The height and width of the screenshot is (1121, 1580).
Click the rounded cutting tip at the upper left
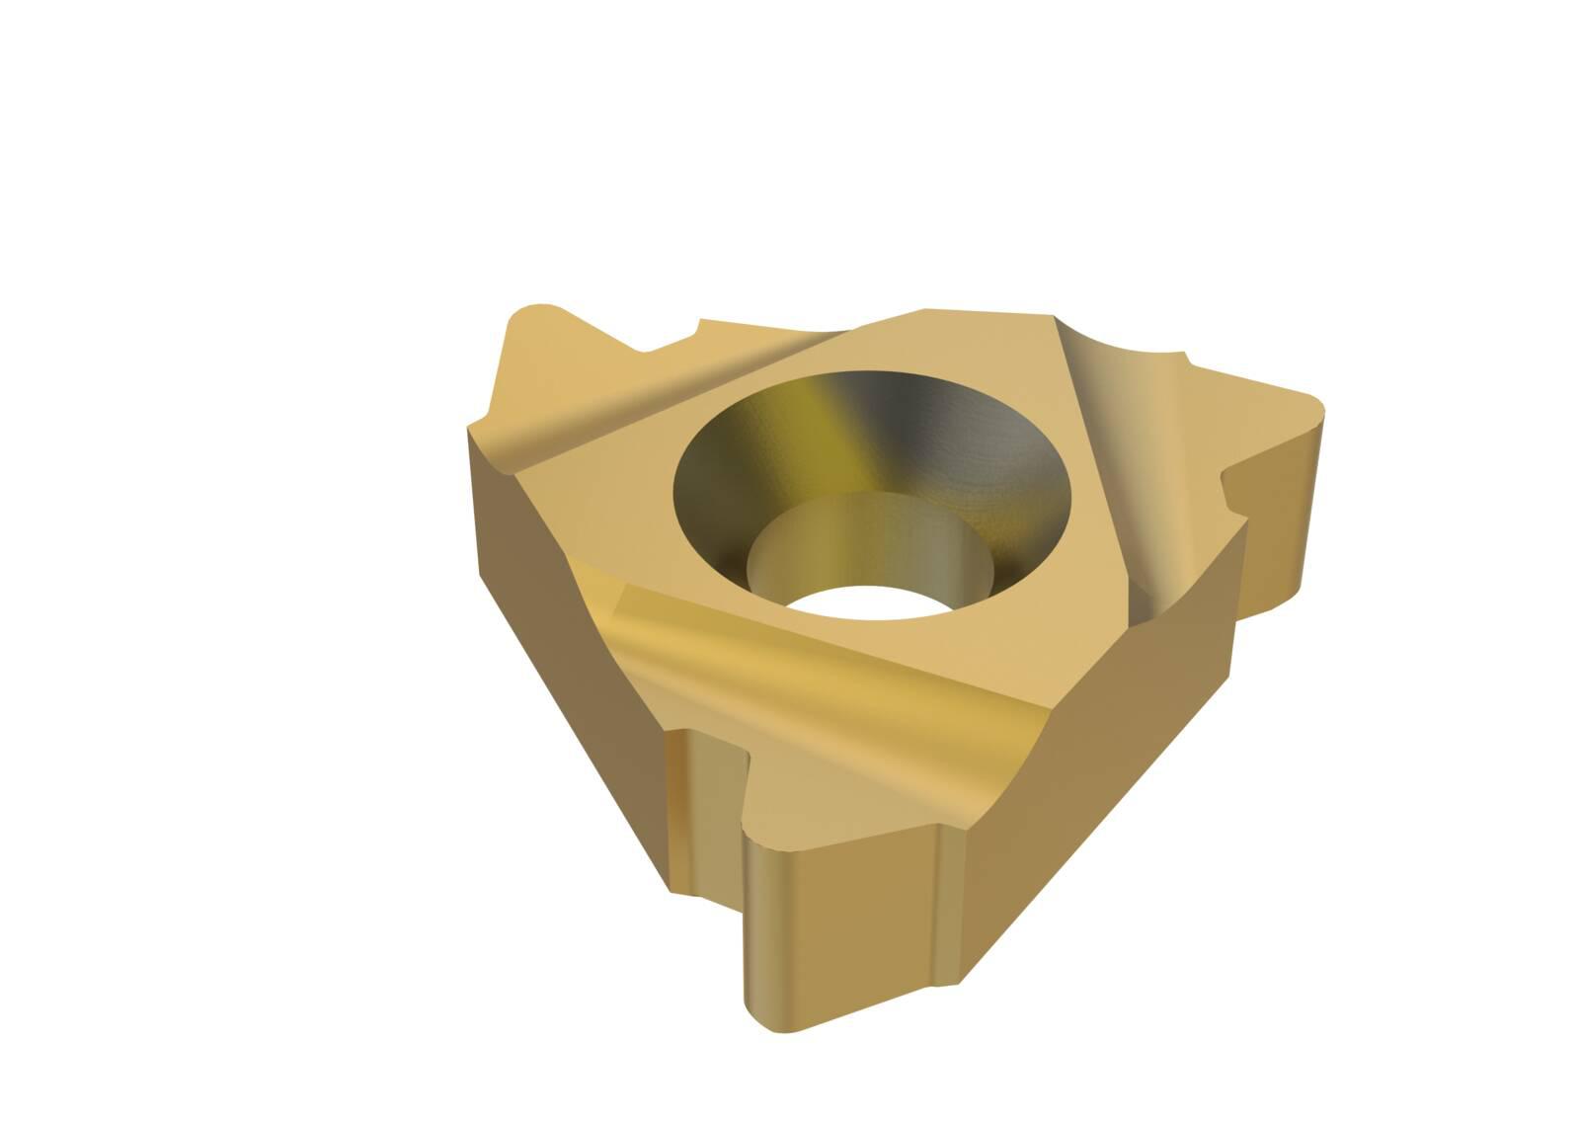pos(538,326)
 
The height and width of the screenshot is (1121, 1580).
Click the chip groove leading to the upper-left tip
pos(612,405)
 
